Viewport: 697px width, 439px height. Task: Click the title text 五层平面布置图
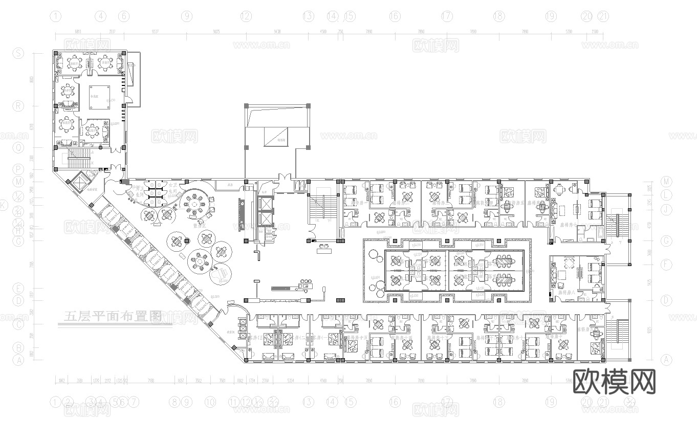pyautogui.click(x=112, y=316)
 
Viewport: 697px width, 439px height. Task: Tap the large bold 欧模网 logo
pyautogui.click(x=614, y=382)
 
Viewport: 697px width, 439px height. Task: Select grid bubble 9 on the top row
pyautogui.click(x=187, y=16)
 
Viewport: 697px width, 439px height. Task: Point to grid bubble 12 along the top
pyautogui.click(x=247, y=16)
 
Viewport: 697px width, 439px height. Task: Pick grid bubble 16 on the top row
pyautogui.click(x=395, y=16)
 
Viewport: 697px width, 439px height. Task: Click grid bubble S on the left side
pyautogui.click(x=18, y=53)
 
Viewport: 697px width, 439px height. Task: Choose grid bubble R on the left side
pyautogui.click(x=18, y=106)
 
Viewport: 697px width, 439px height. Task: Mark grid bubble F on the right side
pyautogui.click(x=666, y=265)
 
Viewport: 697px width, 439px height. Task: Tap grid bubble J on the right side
pyautogui.click(x=666, y=209)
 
